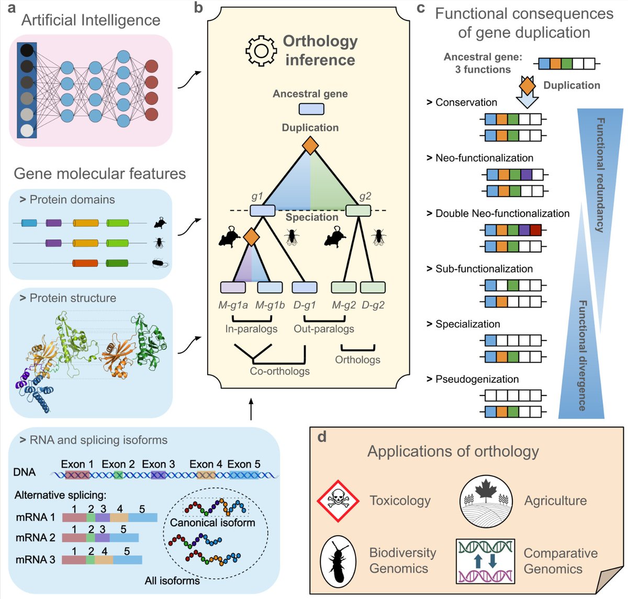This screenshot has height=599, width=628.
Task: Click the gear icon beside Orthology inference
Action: pos(261,51)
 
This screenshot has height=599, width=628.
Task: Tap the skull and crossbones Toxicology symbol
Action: pos(338,501)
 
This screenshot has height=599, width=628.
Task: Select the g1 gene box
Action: pos(262,211)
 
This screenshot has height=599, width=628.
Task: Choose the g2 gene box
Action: pos(358,211)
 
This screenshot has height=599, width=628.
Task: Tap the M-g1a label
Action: pos(233,305)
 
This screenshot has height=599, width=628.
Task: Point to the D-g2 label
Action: pos(373,305)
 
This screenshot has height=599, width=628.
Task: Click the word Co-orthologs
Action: pos(279,371)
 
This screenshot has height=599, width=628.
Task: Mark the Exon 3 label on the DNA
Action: pos(158,464)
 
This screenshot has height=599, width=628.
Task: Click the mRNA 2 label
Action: pos(35,538)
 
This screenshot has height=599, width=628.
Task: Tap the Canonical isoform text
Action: pos(212,522)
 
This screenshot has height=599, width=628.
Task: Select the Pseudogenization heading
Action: pos(477,379)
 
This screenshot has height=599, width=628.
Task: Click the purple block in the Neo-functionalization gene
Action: pos(526,175)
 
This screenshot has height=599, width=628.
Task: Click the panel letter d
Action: pos(322,436)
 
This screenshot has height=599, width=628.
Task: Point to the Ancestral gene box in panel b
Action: pos(311,109)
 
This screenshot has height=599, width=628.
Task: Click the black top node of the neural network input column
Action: pos(27,50)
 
